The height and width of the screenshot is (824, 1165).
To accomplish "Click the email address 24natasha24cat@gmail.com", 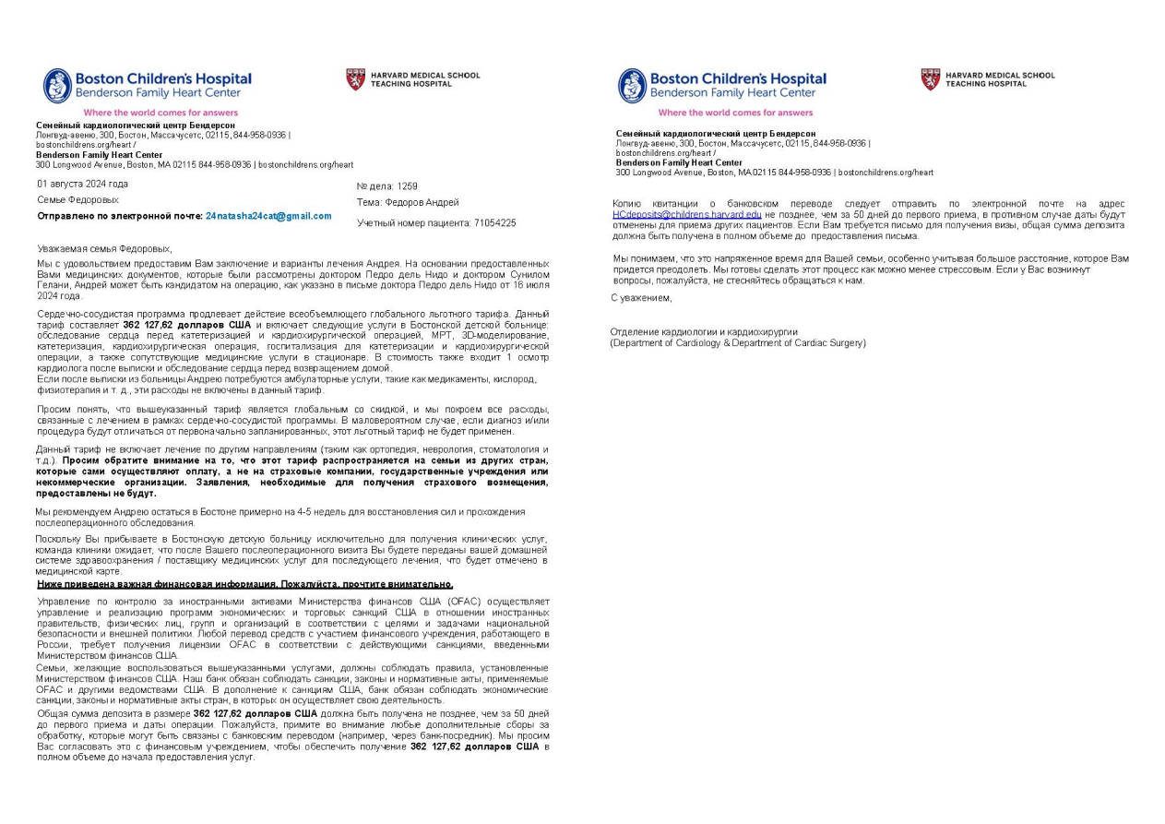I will (x=268, y=216).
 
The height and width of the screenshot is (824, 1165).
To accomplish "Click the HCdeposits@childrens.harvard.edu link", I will (x=687, y=214).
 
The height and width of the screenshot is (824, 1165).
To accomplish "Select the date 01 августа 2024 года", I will (x=83, y=184).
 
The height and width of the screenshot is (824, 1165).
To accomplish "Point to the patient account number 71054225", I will (x=493, y=223).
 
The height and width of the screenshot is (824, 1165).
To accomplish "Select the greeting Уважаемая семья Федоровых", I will (x=104, y=249).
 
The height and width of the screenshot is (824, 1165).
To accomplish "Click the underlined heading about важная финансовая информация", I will (x=244, y=584).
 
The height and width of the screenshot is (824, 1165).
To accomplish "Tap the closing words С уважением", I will (x=641, y=298).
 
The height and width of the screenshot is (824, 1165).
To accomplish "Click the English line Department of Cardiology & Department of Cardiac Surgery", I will (x=738, y=342).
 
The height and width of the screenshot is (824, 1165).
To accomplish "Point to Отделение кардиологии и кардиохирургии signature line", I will (x=704, y=332).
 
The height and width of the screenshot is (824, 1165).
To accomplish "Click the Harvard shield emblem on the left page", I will (x=355, y=79).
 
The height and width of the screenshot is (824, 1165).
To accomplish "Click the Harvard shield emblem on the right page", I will (x=930, y=79).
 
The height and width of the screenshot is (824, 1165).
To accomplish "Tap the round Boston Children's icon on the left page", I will (x=57, y=86).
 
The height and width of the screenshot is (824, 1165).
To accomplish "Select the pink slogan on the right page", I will (x=735, y=113).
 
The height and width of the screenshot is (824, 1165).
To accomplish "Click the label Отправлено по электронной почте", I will (x=120, y=216).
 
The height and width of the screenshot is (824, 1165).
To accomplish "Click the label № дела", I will (x=368, y=186).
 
